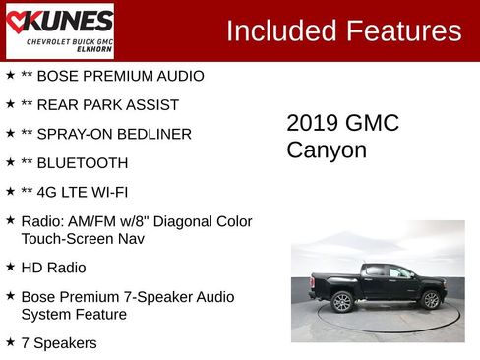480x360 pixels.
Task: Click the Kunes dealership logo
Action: tap(59, 30)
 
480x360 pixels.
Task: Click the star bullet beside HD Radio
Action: tap(10, 267)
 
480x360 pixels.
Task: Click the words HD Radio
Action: tap(53, 268)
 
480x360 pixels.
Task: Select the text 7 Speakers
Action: tap(59, 342)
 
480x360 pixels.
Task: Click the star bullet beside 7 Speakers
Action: tap(10, 341)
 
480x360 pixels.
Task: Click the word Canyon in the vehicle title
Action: tap(327, 150)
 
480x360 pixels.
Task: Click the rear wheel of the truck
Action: tap(341, 301)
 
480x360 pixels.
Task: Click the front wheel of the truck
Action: tap(431, 299)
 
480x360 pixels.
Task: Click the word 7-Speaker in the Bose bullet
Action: tap(153, 296)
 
